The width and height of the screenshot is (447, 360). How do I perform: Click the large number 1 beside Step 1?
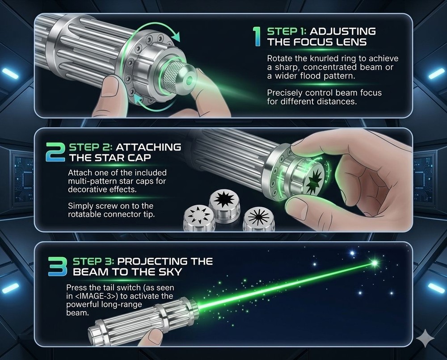pos(256,36)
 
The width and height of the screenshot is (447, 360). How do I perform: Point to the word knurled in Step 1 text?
pos(319,59)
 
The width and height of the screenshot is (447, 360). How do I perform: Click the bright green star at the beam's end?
pos(374,264)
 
